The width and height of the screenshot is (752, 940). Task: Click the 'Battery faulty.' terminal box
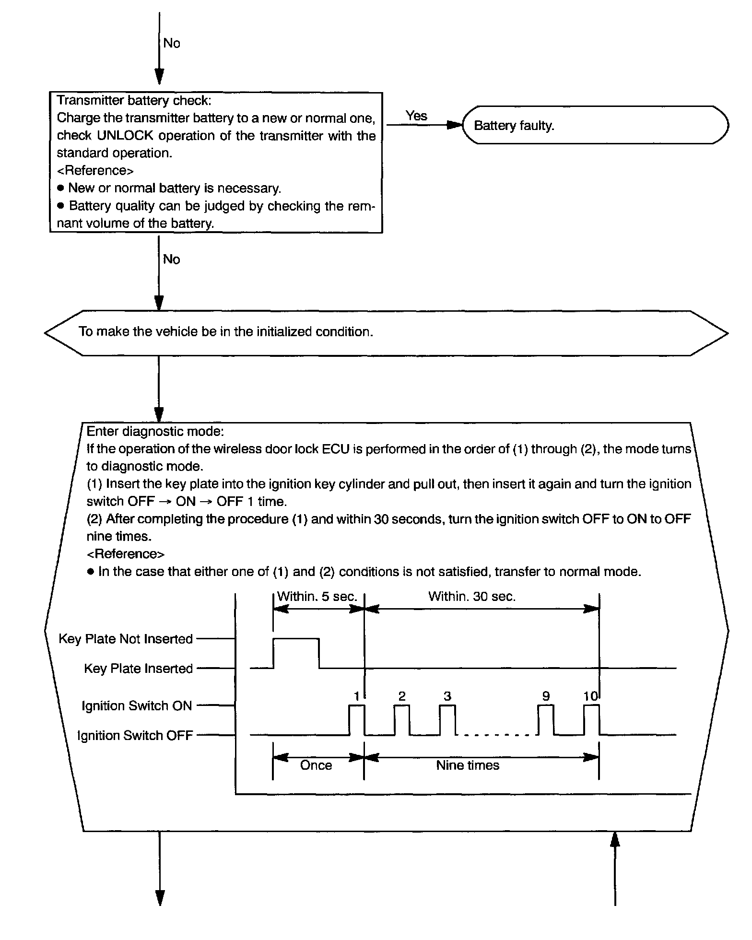(x=595, y=125)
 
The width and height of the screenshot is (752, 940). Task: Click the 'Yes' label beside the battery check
(x=416, y=116)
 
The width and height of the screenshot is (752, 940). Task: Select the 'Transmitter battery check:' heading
(x=134, y=101)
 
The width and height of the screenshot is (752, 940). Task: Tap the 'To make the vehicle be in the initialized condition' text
(x=226, y=332)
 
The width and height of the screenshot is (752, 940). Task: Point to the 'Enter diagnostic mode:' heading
(x=155, y=431)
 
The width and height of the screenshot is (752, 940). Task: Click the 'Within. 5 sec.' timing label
(x=317, y=597)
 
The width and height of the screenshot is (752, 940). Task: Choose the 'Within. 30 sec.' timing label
(x=471, y=597)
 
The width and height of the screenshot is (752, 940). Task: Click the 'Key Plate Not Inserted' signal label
(x=126, y=639)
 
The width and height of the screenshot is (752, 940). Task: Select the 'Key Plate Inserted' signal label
(x=138, y=669)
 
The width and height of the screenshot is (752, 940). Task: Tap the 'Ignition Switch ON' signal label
(x=137, y=706)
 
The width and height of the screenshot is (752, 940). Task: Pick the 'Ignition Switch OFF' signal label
(x=135, y=735)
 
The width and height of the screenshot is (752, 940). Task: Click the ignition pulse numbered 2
(x=402, y=719)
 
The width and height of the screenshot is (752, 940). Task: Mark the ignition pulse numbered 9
(x=546, y=719)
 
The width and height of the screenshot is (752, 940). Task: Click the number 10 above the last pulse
(x=590, y=696)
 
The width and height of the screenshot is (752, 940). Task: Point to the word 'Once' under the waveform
(x=316, y=765)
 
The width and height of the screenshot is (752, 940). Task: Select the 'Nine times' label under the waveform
(x=468, y=765)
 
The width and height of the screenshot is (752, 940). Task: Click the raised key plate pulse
(x=296, y=652)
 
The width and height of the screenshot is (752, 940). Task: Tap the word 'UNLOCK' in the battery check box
(x=125, y=136)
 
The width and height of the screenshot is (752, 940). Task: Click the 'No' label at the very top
(x=171, y=43)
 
